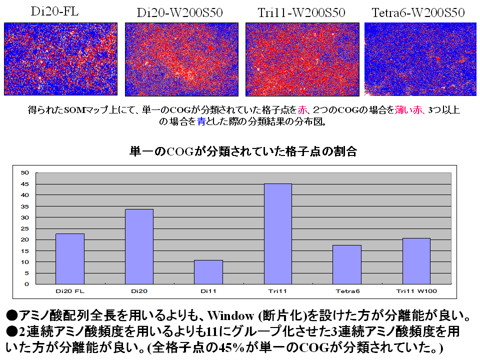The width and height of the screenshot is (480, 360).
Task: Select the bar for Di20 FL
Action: (x=70, y=259)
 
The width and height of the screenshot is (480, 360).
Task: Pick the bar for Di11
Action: (x=208, y=272)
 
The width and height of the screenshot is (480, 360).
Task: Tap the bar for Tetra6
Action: (x=346, y=264)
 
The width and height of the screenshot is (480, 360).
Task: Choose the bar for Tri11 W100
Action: (x=416, y=261)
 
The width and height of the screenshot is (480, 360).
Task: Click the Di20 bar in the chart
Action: (x=139, y=246)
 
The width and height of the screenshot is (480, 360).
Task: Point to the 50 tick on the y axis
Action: (x=25, y=173)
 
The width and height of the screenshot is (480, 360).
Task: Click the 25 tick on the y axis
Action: (x=25, y=228)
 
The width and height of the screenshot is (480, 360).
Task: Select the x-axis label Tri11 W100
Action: (x=416, y=290)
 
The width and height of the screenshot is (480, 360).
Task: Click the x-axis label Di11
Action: (x=208, y=290)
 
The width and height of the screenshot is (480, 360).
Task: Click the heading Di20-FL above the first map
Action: (x=54, y=11)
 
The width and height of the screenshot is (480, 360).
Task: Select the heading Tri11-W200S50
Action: (x=301, y=12)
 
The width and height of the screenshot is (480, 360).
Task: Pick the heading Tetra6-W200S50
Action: (x=418, y=12)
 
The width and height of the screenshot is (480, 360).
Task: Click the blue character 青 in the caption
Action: (x=201, y=121)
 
